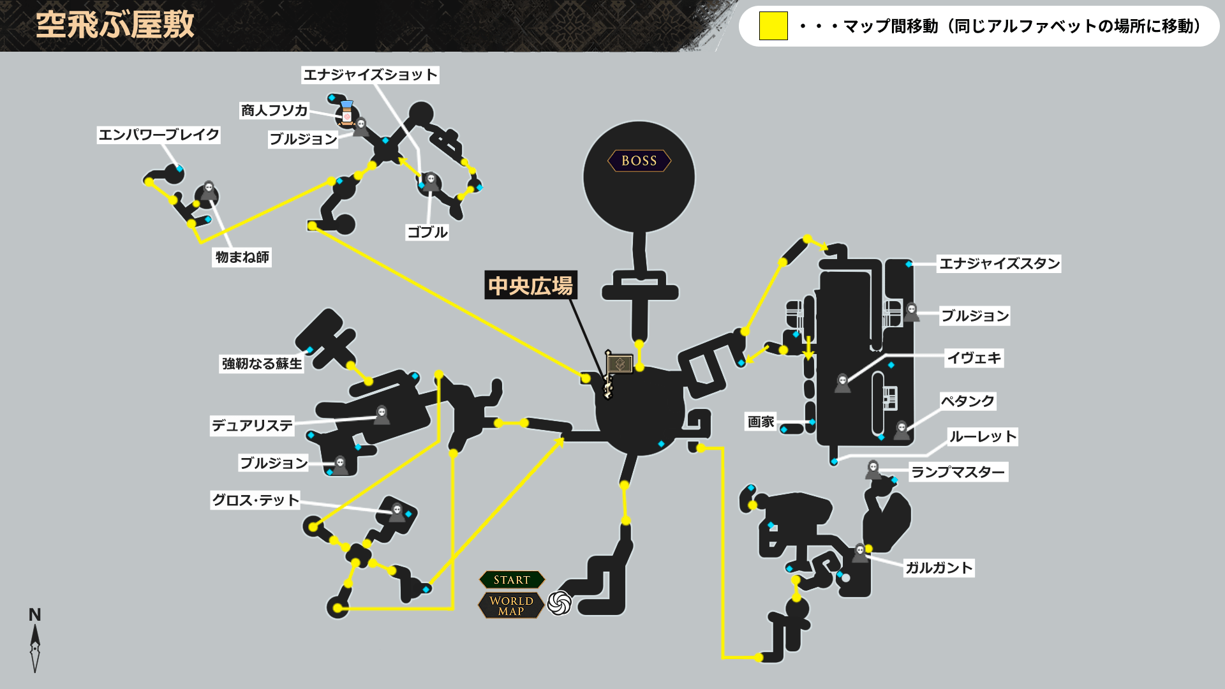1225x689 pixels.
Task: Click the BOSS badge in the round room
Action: coord(639,161)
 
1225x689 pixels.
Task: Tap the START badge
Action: coord(512,580)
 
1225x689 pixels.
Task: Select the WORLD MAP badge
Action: coord(511,605)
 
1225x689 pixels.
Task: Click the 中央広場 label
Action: coord(530,286)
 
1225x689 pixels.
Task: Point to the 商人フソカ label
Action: coord(274,110)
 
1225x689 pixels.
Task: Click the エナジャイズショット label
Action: coord(370,75)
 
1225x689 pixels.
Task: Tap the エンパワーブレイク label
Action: coord(158,135)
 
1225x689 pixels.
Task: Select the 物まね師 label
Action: coord(242,257)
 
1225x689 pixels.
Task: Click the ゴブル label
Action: coord(427,232)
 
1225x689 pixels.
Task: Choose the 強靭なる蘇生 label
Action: coord(262,364)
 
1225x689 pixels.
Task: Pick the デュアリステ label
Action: coord(252,426)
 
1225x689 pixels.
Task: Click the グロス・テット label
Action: coord(255,500)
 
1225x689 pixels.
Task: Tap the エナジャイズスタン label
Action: coord(999,263)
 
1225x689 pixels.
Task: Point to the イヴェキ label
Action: coord(974,358)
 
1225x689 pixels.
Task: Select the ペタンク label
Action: coord(967,401)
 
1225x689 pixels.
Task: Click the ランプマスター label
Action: coord(958,472)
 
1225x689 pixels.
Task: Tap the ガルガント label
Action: coord(939,568)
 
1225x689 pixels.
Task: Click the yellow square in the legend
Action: coord(773,26)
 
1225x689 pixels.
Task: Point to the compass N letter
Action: coord(35,615)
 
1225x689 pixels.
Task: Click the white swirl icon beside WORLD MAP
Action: coord(560,603)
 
